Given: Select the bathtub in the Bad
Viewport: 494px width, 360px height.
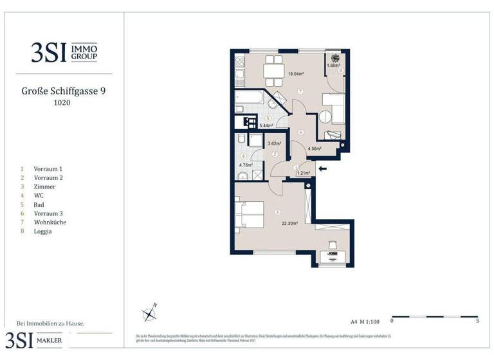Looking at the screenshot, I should pyautogui.click(x=250, y=100).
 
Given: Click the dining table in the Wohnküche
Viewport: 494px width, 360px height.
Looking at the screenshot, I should pyautogui.click(x=275, y=71).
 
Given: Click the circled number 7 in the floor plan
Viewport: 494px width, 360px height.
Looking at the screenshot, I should pyautogui.click(x=300, y=92).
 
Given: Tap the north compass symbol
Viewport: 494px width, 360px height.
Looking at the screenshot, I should pyautogui.click(x=150, y=314).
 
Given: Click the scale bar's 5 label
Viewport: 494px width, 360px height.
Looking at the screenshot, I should pyautogui.click(x=477, y=319).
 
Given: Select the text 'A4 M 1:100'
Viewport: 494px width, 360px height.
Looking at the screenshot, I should pyautogui.click(x=365, y=319).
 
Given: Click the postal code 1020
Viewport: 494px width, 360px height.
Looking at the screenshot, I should pyautogui.click(x=62, y=103).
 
